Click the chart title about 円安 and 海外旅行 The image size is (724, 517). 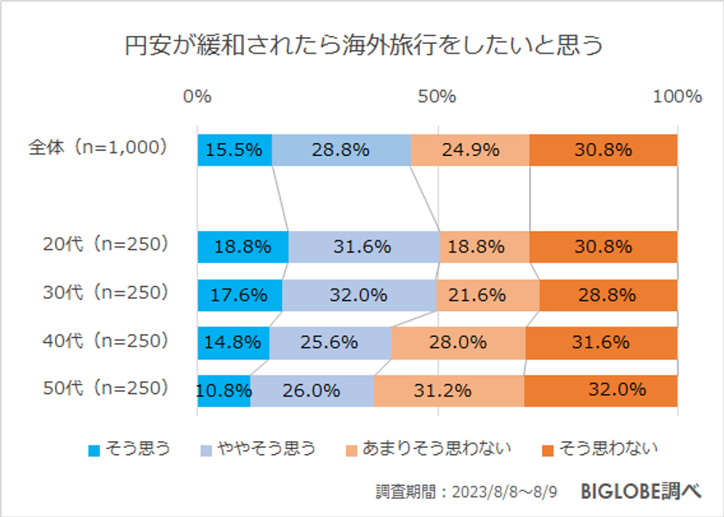tap(362, 46)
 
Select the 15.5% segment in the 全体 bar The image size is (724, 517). tap(234, 150)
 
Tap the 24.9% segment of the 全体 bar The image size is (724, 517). tap(470, 150)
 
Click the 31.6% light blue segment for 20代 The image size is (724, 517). tap(364, 246)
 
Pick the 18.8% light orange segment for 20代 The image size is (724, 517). tap(484, 246)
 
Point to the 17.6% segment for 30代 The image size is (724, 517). tap(240, 295)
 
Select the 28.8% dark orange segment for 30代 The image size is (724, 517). tap(608, 295)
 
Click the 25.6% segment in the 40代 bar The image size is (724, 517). tap(330, 342)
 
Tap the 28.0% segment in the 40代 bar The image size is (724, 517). tap(459, 342)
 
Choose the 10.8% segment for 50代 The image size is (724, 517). tap(223, 389)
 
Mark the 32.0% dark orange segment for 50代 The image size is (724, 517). tap(601, 389)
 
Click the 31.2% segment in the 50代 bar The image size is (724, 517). tap(448, 389)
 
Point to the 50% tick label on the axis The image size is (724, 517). tap(437, 97)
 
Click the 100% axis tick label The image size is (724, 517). tap(677, 97)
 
